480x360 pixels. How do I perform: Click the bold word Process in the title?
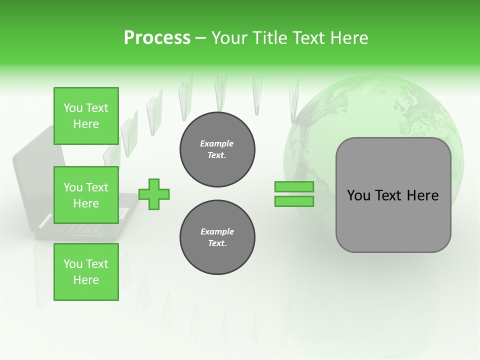coord(157,38)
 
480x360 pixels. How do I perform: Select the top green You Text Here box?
coord(86,116)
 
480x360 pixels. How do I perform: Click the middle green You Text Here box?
coord(86,195)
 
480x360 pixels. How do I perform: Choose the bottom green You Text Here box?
coord(86,272)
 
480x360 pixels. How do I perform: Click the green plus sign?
coord(154,194)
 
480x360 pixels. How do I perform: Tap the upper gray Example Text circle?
coord(217,149)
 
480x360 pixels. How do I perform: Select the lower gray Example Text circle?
coord(217,237)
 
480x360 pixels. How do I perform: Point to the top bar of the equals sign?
coord(294,187)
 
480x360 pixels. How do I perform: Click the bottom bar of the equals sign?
coord(294,201)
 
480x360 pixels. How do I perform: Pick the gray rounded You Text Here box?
coord(393,195)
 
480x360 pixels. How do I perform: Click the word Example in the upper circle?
coord(217,143)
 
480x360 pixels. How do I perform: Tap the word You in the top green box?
coord(73,108)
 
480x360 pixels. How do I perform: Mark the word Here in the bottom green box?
coord(86,280)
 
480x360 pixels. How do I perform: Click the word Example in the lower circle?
coord(217,231)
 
